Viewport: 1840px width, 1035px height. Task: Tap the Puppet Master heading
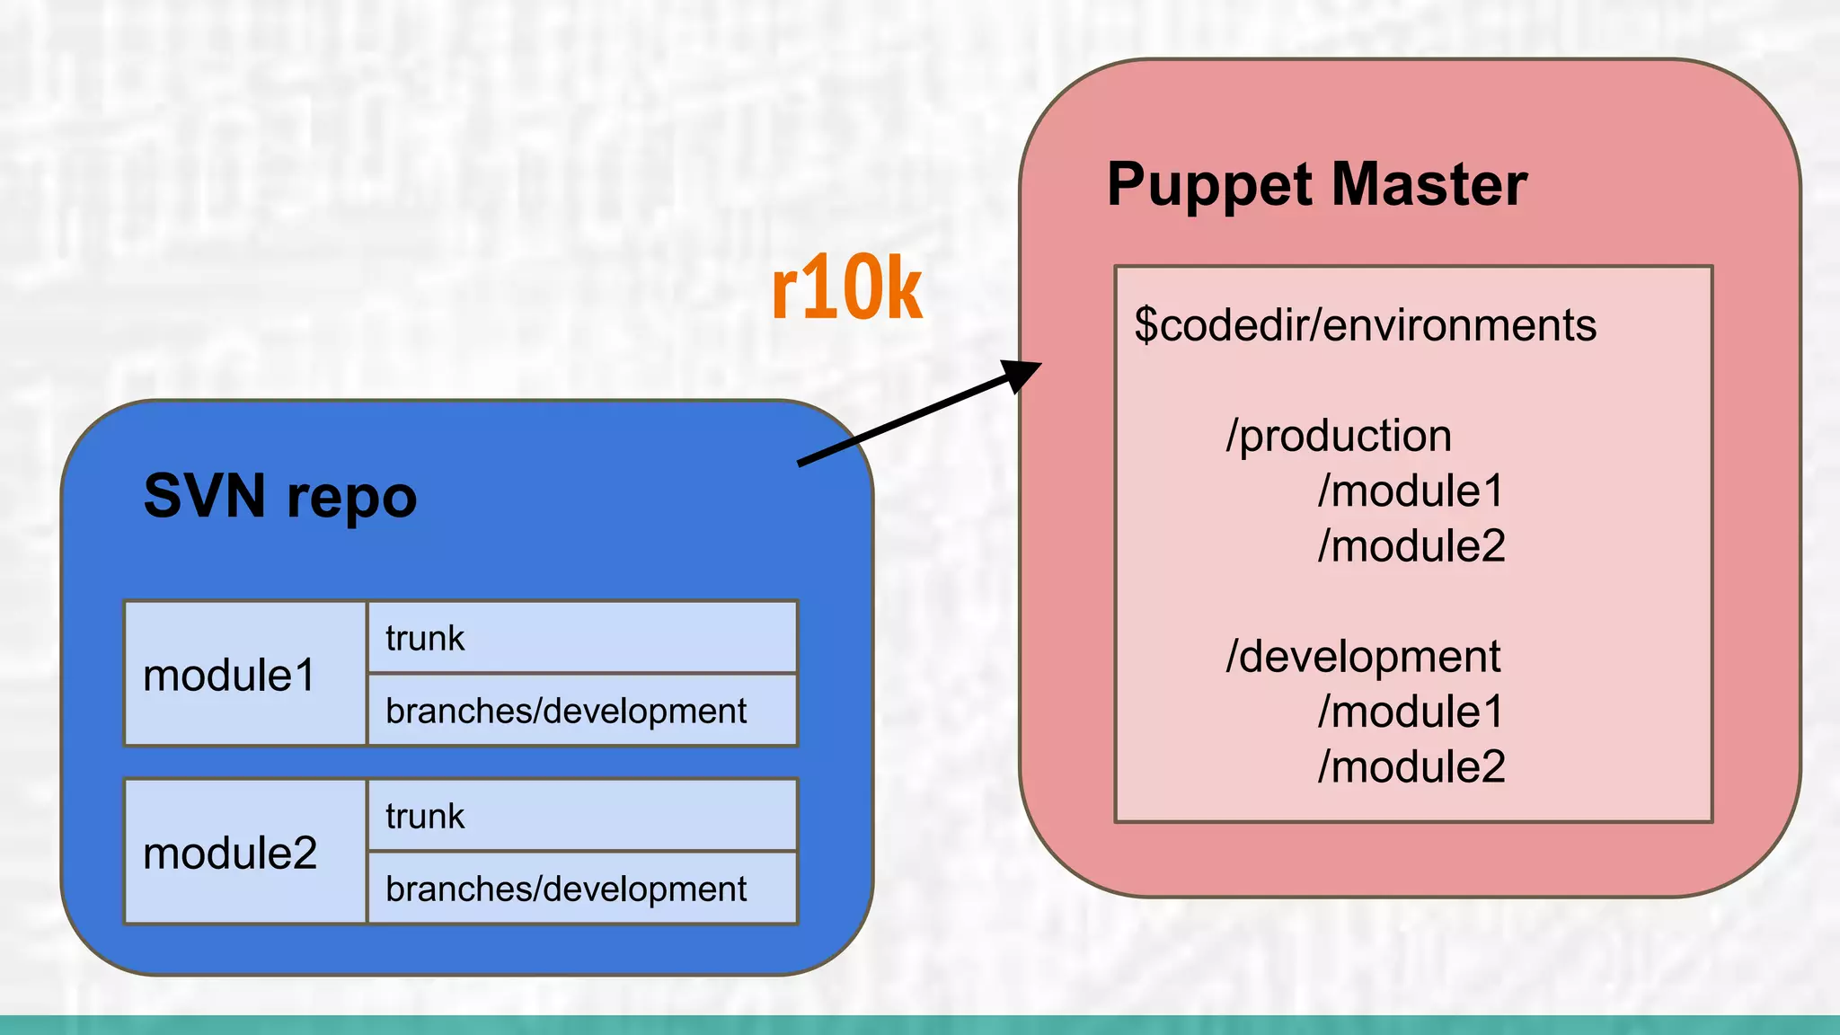pos(1316,184)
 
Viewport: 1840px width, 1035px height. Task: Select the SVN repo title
pos(279,496)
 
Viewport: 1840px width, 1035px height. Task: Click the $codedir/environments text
pos(1365,324)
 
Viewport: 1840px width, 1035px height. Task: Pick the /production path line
pos(1338,436)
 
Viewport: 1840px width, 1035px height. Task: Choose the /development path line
pos(1362,657)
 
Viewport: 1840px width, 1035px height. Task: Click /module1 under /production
pos(1411,491)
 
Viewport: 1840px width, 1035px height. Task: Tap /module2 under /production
pos(1411,546)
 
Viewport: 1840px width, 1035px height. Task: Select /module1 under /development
pos(1411,712)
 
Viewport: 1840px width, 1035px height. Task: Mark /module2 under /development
pos(1411,767)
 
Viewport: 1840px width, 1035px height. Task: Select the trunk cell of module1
pos(581,638)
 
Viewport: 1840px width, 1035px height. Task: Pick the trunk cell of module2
pos(581,816)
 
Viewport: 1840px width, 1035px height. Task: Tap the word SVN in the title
pos(204,496)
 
